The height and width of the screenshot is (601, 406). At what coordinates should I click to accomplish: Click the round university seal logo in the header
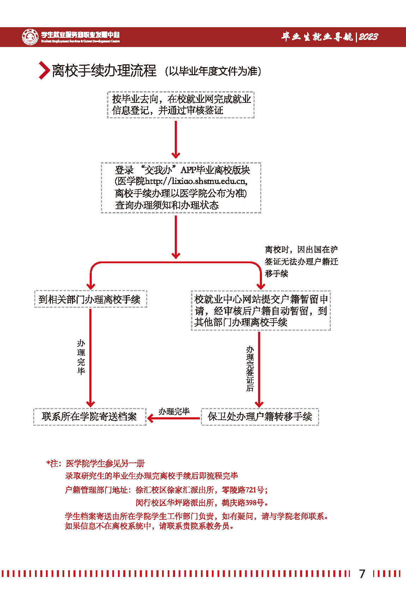30,37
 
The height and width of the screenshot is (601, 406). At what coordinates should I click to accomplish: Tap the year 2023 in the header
368,37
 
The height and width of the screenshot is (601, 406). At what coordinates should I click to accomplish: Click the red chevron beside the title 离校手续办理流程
44,70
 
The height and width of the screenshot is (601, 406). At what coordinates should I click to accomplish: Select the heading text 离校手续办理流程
104,71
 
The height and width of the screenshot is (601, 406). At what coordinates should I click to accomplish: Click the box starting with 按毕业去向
181,105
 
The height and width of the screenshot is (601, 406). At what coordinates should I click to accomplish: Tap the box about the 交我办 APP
181,188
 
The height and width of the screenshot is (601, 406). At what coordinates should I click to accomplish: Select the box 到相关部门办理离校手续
90,299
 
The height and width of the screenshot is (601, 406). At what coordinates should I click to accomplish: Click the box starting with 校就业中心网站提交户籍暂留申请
261,311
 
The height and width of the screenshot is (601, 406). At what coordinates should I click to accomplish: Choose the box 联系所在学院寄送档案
90,417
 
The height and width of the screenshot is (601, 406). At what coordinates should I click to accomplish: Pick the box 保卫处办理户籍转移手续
260,417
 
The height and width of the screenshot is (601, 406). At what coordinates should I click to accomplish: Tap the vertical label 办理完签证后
250,369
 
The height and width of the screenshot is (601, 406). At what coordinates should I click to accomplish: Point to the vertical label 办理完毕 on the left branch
81,357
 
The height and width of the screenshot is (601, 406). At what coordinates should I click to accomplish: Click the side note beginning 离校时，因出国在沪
301,261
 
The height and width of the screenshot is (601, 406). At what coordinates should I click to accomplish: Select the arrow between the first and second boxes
176,140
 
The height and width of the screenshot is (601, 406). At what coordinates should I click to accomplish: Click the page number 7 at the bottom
362,573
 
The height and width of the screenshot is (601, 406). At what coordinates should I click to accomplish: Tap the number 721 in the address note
251,490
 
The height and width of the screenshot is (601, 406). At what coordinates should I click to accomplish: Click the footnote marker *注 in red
53,464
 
